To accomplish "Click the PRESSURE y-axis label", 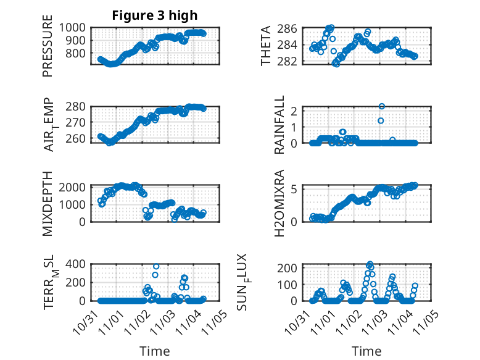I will [x=48, y=50].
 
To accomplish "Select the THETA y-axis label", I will [x=266, y=46].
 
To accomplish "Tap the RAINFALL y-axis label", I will [x=279, y=125].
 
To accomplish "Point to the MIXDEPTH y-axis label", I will [x=48, y=203].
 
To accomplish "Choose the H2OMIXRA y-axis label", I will [x=279, y=203].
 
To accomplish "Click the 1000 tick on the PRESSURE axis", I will [x=74, y=28].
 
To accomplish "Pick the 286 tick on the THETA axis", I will [x=291, y=28].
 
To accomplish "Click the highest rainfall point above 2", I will [x=382, y=107].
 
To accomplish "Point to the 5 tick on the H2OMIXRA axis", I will [x=296, y=189].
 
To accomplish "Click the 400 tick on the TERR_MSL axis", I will [x=78, y=264].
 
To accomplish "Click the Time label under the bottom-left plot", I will [x=155, y=351].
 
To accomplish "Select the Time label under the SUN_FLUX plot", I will [x=366, y=351].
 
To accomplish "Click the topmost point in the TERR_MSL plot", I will [x=156, y=267].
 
